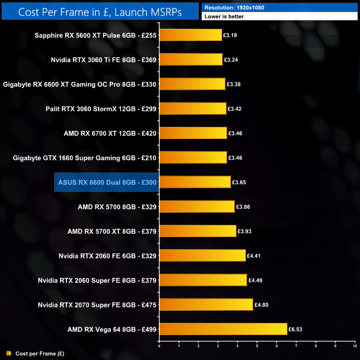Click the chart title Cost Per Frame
coord(100,11)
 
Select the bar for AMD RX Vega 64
coord(223,329)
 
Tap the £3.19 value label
coord(230,35)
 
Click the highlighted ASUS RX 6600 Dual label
coord(106,182)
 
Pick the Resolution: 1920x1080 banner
coord(280,8)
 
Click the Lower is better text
coord(224,17)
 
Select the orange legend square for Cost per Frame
coord(8,353)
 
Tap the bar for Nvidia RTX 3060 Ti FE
coord(191,60)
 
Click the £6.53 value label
coord(297,329)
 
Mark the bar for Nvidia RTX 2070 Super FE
coord(206,305)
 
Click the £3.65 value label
coord(239,182)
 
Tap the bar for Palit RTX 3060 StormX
coord(192,109)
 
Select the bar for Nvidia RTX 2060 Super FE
coord(203,280)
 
